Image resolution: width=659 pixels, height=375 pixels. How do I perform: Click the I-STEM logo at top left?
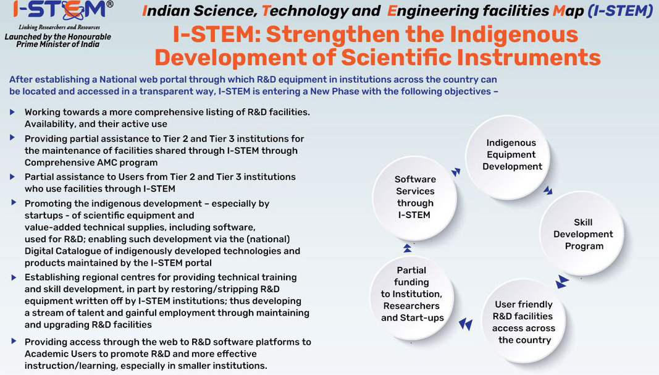(59, 10)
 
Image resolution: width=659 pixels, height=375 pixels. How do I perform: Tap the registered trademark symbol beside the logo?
(110, 4)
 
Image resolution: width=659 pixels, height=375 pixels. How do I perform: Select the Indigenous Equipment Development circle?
(508, 156)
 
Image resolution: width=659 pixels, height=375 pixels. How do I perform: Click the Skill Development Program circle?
(582, 234)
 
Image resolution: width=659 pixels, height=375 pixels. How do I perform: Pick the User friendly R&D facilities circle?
(523, 322)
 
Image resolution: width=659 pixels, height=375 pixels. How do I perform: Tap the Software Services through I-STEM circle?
(414, 198)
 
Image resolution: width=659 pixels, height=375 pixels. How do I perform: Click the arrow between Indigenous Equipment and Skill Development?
(548, 190)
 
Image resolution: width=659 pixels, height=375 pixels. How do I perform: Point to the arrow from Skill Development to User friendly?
(562, 282)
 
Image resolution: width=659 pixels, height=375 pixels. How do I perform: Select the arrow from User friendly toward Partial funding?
(466, 324)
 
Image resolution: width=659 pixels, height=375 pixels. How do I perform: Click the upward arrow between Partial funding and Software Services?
(407, 248)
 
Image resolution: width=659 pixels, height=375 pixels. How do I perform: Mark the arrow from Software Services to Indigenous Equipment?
(456, 172)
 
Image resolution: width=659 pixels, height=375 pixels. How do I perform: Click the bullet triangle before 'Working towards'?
(12, 112)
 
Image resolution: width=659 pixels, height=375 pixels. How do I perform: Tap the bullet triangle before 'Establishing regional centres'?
(14, 277)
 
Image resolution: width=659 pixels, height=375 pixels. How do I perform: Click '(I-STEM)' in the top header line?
(620, 11)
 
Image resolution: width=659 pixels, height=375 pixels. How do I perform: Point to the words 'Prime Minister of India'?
(58, 44)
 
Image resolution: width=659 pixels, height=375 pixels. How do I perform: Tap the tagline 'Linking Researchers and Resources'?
(59, 27)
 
